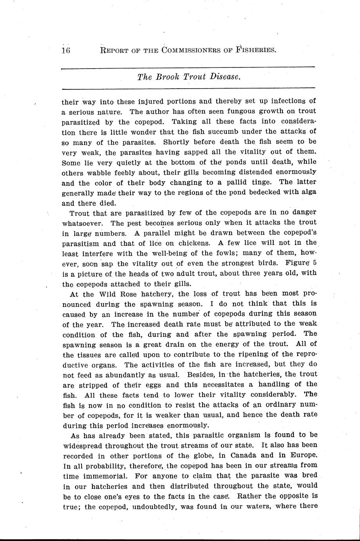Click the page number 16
click(x=65, y=50)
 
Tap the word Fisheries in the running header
click(x=251, y=50)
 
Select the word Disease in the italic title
click(x=224, y=77)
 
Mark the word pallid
click(x=222, y=183)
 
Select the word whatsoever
click(x=82, y=223)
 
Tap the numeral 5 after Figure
click(x=315, y=263)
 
